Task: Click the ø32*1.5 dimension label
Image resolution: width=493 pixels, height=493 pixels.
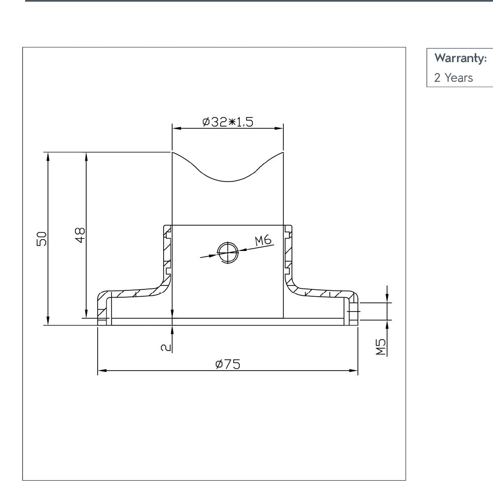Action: point(228,122)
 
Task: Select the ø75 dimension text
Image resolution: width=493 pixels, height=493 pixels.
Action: point(228,364)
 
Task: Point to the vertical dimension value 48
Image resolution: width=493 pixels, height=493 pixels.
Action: point(80,234)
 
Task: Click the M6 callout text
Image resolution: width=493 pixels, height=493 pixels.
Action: point(263,241)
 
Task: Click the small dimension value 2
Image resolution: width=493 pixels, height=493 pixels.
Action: point(166,347)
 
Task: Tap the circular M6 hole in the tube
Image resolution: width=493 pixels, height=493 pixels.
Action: point(228,252)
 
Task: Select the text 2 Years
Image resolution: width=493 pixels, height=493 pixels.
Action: point(453,77)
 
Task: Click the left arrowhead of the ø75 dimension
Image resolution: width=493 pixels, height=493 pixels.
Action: point(102,370)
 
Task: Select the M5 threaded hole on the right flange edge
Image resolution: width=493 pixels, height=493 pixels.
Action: point(354,312)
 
